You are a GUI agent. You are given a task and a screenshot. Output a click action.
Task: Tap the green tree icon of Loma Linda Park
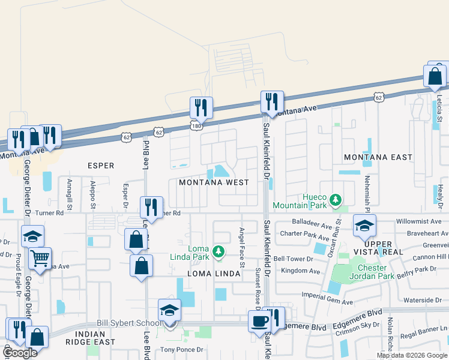220,251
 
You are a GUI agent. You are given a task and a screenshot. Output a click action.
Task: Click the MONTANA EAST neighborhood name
378,157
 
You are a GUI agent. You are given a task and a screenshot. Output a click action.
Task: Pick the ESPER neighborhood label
100,165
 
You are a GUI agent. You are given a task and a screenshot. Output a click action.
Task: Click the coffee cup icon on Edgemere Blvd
260,321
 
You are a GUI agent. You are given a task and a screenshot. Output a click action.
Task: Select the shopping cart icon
40,259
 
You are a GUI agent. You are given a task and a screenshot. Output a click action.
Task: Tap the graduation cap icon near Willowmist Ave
364,226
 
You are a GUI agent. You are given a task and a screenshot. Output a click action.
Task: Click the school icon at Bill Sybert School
170,311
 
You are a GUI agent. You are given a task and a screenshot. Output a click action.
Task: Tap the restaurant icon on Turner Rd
151,207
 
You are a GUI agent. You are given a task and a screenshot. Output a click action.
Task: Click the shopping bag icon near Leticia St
435,76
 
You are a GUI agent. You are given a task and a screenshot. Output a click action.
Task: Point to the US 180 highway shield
197,126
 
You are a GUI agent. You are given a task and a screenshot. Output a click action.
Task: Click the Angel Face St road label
242,247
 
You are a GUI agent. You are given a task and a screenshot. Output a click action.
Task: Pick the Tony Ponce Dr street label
181,349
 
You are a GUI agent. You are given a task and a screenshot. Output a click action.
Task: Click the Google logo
20,353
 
